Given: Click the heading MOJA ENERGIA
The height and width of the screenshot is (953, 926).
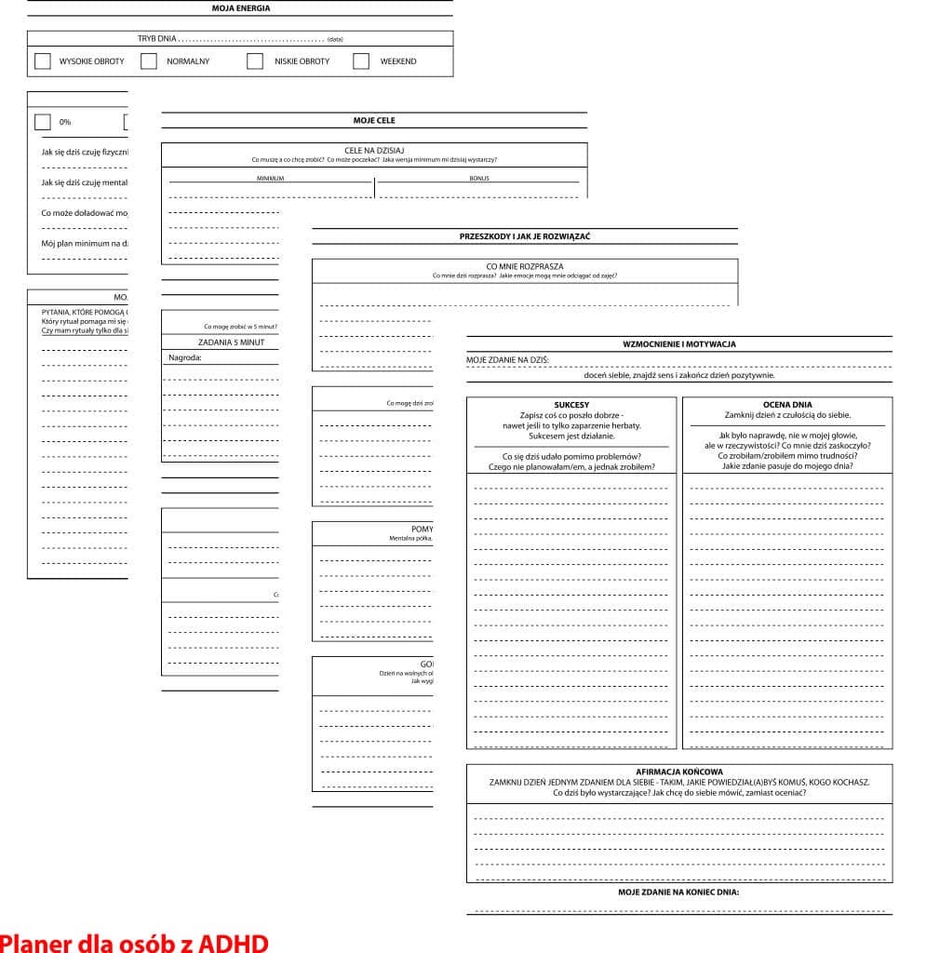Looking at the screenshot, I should [x=240, y=8].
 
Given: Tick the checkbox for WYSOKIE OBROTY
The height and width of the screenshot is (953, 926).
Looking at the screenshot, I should [x=43, y=61].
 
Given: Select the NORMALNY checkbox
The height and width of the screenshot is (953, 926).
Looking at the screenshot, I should [x=149, y=61].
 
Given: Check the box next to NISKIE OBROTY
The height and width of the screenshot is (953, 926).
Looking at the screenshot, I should [x=255, y=61].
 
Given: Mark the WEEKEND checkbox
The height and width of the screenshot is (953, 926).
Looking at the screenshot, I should [x=361, y=61].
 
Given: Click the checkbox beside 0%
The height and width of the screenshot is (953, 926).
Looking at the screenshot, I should [x=43, y=122].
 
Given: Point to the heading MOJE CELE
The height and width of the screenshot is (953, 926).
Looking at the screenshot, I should [x=374, y=120].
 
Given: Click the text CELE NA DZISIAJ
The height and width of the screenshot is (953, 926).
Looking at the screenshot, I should [x=374, y=150].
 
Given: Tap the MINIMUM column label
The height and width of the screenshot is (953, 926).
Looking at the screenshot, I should [x=270, y=178].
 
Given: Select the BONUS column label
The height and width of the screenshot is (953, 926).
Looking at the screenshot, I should [x=479, y=178].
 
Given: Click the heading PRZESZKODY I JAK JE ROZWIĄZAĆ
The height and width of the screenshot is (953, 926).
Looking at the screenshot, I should [x=525, y=236].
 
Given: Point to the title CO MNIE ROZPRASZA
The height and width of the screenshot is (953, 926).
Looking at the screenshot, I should [x=525, y=266].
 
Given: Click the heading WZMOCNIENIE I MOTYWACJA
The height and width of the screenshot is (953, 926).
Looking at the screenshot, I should [x=679, y=344].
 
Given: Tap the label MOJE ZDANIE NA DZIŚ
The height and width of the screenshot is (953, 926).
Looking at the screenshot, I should [x=508, y=359].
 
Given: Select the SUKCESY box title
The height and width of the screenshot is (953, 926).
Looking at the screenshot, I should [x=571, y=405].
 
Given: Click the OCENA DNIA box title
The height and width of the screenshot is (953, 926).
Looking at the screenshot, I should [x=787, y=405].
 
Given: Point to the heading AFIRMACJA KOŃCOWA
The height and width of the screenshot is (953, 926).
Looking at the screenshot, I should [x=679, y=772].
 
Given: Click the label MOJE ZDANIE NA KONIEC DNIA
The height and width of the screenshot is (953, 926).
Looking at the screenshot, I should [x=679, y=892].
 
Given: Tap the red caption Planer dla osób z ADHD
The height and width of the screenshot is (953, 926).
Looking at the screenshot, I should [x=134, y=942].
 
